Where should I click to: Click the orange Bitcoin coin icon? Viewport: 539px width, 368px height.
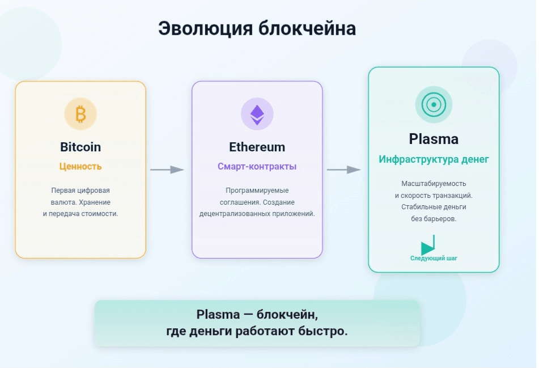point(80,114)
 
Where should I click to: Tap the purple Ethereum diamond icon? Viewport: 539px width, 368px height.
point(257,114)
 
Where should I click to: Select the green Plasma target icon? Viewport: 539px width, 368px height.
point(434,105)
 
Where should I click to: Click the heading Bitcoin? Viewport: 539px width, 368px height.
point(80,147)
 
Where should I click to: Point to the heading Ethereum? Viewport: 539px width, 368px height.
point(257,147)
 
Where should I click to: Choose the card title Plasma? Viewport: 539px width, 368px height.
point(434,139)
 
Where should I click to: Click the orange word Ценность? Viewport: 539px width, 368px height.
point(80,167)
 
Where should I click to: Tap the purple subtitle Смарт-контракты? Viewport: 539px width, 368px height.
point(257,167)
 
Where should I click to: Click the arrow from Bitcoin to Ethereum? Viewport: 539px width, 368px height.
point(167,170)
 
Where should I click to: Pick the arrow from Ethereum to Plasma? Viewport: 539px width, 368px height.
point(344,170)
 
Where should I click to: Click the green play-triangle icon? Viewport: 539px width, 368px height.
point(428,246)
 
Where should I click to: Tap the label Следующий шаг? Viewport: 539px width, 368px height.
point(434,259)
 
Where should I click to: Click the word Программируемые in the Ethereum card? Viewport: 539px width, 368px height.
point(257,191)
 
